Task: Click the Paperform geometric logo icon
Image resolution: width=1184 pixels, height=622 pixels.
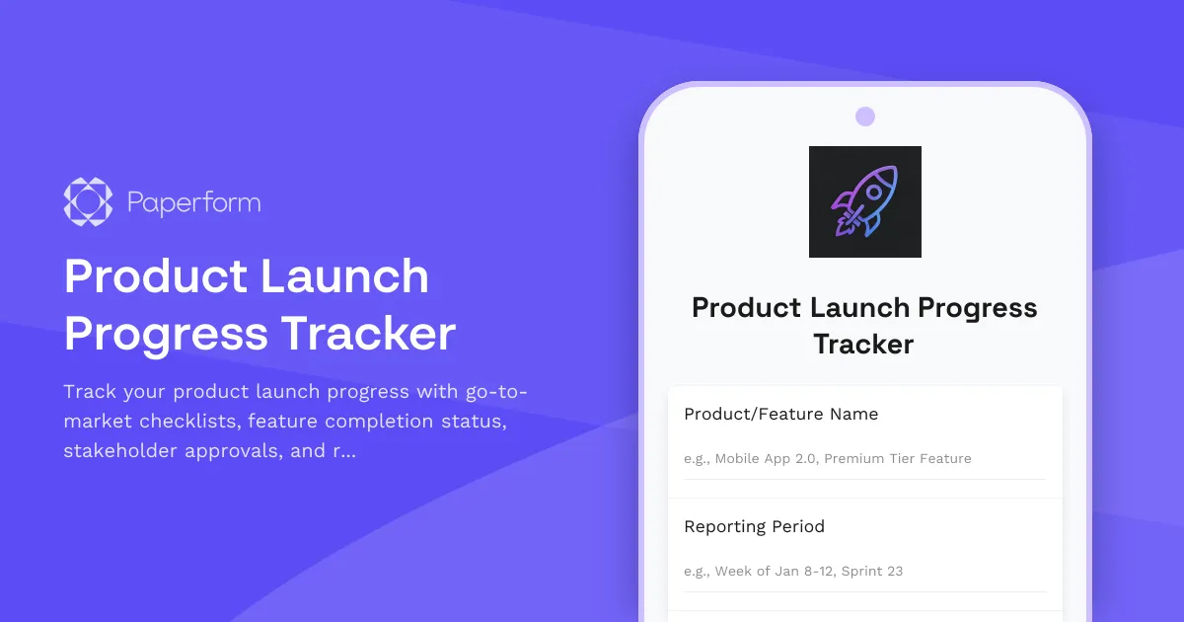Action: point(88,202)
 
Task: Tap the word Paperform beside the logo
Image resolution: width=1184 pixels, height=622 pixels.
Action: point(194,203)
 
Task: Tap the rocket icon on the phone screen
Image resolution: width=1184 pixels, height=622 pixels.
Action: point(864,201)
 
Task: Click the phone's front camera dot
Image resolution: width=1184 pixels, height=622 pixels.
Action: point(865,117)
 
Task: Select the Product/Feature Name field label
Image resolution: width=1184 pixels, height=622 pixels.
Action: point(780,414)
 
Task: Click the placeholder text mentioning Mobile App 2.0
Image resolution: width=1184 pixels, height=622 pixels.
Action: point(827,458)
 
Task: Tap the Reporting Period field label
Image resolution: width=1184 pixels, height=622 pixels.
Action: point(754,526)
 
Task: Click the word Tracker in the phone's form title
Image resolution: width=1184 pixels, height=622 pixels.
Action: point(863,345)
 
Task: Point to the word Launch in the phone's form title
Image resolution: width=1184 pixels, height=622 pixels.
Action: point(860,308)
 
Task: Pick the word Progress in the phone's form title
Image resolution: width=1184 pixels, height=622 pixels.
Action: point(977,308)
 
